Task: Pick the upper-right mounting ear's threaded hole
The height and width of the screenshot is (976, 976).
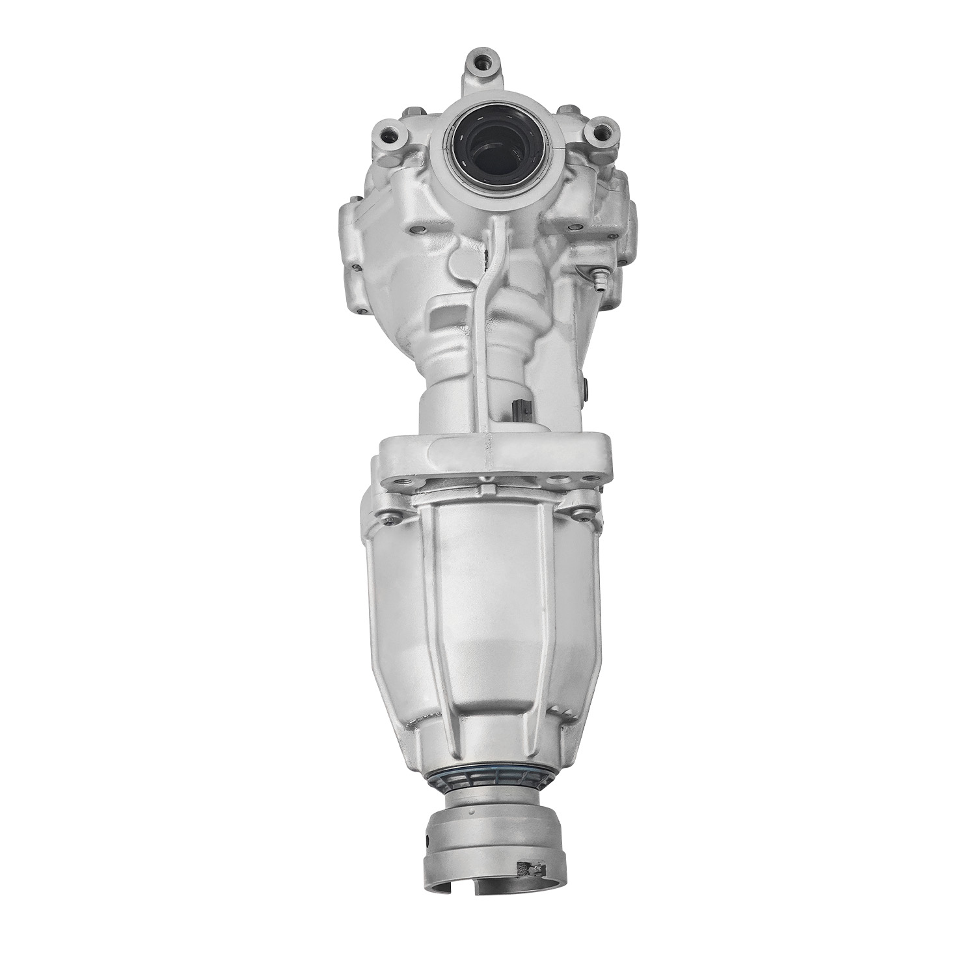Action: (593, 132)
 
